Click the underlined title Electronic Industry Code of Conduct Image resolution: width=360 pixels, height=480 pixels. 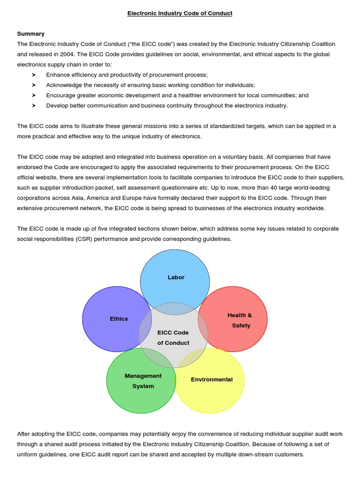(180, 13)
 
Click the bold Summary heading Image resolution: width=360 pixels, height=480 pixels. (31, 34)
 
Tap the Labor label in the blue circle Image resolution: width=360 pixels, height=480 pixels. (176, 277)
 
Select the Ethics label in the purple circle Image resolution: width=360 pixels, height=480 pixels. (119, 319)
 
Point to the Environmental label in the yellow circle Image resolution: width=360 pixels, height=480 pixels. (211, 380)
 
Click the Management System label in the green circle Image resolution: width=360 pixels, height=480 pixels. (143, 381)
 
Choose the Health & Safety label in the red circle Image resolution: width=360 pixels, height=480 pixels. (240, 321)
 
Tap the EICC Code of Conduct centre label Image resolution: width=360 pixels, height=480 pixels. (173, 338)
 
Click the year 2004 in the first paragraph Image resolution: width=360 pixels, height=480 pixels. (66, 54)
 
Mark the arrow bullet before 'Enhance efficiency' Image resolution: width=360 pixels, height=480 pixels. (34, 75)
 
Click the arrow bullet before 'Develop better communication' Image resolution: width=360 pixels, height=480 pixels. (34, 106)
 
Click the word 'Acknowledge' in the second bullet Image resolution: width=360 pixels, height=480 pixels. (65, 85)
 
